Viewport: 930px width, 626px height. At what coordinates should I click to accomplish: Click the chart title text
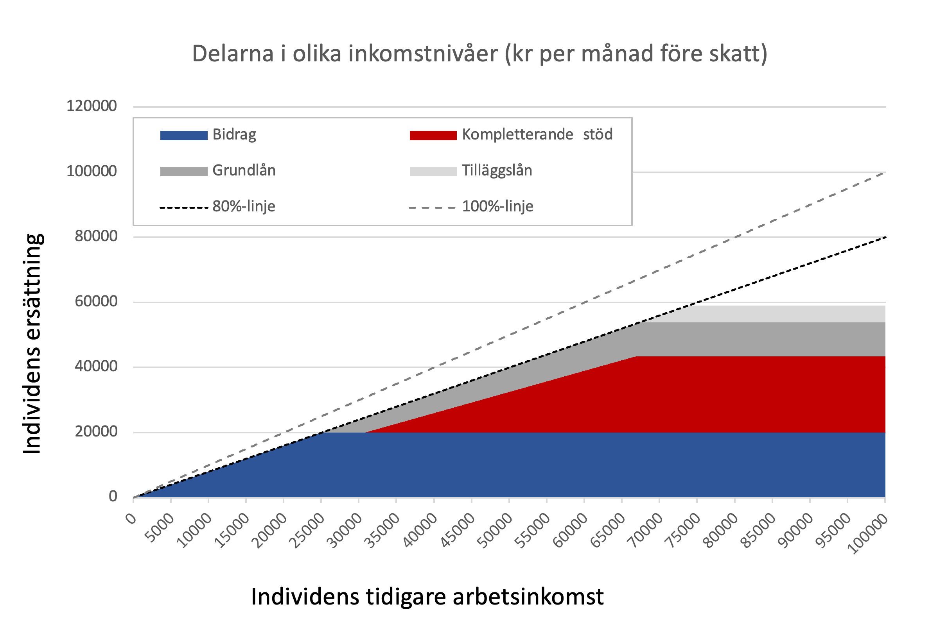(479, 54)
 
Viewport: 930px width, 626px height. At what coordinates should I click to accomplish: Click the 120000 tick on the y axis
(92, 106)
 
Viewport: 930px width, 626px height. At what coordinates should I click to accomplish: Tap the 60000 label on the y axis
(96, 301)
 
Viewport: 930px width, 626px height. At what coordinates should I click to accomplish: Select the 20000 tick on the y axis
(96, 431)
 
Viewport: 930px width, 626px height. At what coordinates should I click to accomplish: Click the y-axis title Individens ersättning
(32, 343)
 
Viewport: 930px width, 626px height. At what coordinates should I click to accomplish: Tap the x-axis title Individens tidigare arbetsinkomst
(427, 597)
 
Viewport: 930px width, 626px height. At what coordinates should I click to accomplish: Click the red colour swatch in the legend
(433, 135)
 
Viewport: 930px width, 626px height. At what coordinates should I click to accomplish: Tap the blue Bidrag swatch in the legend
(184, 135)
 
